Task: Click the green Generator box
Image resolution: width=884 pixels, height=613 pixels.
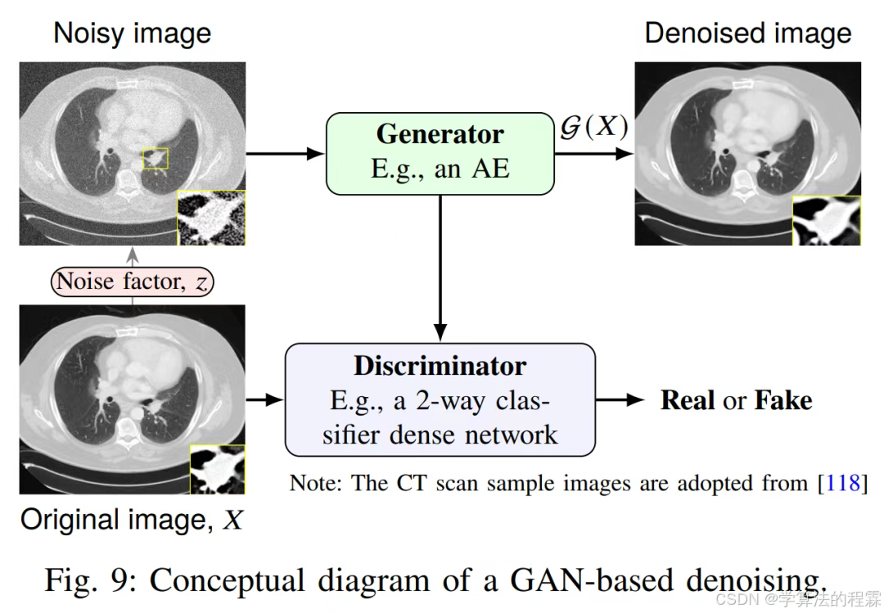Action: tap(440, 153)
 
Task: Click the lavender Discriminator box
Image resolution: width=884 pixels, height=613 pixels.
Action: tap(440, 399)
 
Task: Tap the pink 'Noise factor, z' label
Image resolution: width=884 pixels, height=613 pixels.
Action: tap(132, 282)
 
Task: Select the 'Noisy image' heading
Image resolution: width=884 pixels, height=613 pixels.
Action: tap(132, 34)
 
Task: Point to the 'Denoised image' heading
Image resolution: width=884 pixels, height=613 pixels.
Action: tap(747, 34)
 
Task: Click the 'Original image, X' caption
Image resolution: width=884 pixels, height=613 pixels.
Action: tap(132, 520)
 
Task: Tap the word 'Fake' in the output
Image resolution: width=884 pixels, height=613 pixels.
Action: tap(783, 400)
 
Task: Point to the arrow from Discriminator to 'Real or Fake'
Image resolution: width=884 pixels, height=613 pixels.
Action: tap(621, 400)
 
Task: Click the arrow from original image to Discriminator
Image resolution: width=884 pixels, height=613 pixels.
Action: tap(264, 400)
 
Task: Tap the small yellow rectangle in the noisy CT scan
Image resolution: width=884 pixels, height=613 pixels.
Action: tap(155, 158)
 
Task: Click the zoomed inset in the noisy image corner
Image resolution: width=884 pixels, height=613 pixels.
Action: tap(211, 218)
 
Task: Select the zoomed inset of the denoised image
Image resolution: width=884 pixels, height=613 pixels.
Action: tap(826, 220)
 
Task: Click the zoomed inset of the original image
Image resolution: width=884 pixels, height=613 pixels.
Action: tap(217, 469)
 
